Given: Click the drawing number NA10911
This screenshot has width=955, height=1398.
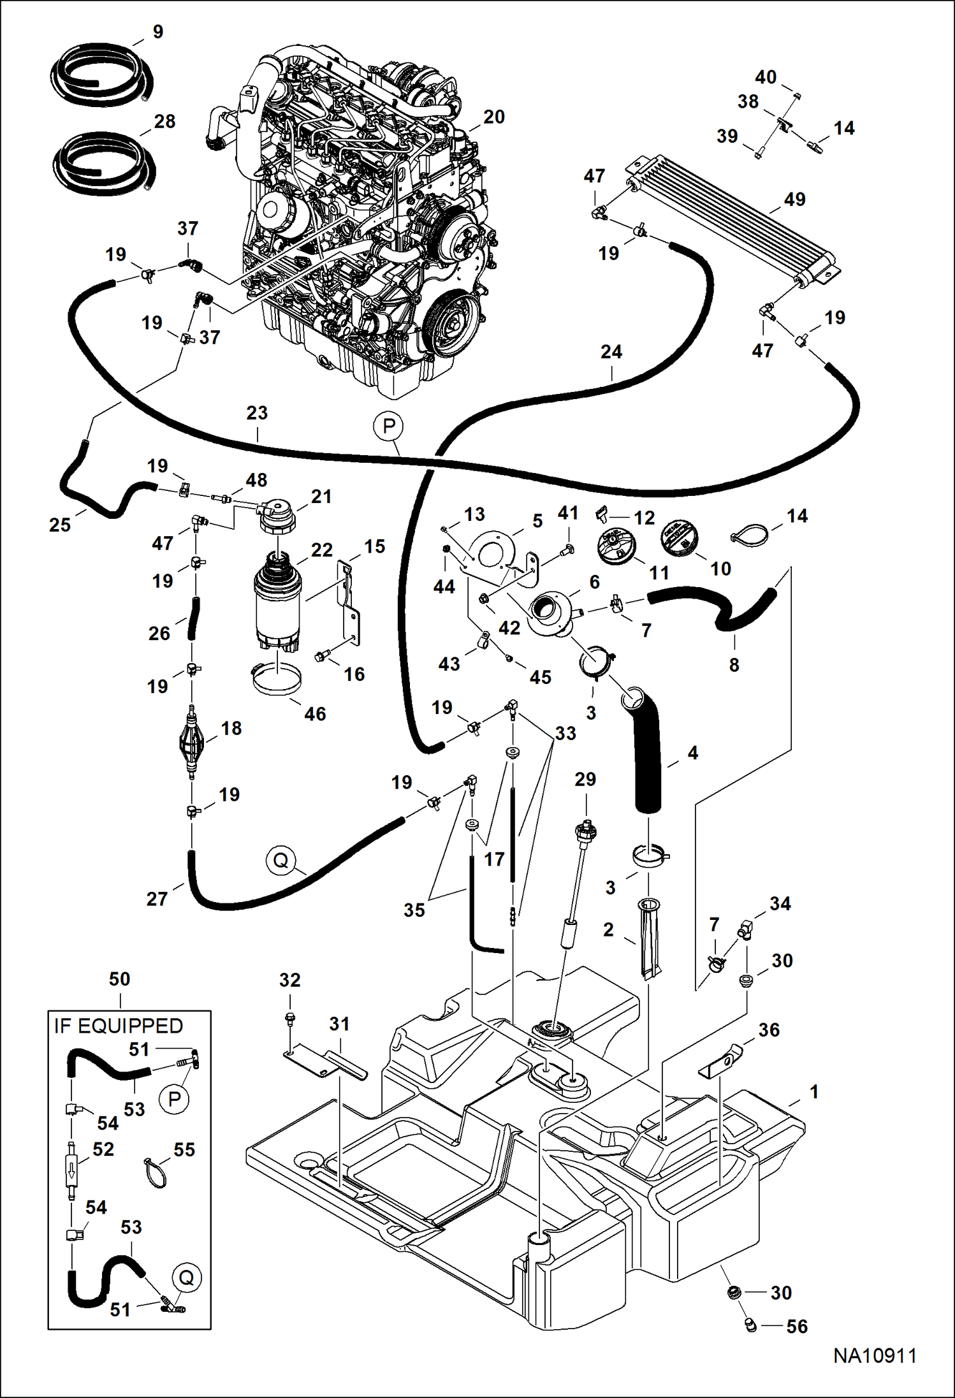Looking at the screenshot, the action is [x=875, y=1355].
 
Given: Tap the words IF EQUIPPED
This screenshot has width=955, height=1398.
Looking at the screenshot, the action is [x=119, y=1026].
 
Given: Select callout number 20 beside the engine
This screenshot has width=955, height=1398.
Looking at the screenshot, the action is [x=493, y=117].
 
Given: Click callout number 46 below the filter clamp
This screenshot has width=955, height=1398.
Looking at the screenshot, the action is [x=315, y=713].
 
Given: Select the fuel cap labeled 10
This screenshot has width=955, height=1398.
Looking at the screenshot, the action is [x=678, y=539].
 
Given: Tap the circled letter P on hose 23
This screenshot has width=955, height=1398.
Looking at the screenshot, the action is [x=389, y=426].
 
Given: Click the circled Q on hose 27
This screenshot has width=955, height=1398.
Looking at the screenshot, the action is [x=281, y=861].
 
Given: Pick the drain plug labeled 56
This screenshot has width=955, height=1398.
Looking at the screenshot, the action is [x=750, y=1326].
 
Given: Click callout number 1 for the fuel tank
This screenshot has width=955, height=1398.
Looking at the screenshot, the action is [x=813, y=1091].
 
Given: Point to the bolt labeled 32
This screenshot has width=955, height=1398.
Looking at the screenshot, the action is [x=289, y=1019].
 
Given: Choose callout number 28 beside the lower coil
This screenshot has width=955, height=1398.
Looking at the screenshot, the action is [x=164, y=121].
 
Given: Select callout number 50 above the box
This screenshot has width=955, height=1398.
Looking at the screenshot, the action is [x=119, y=979].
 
